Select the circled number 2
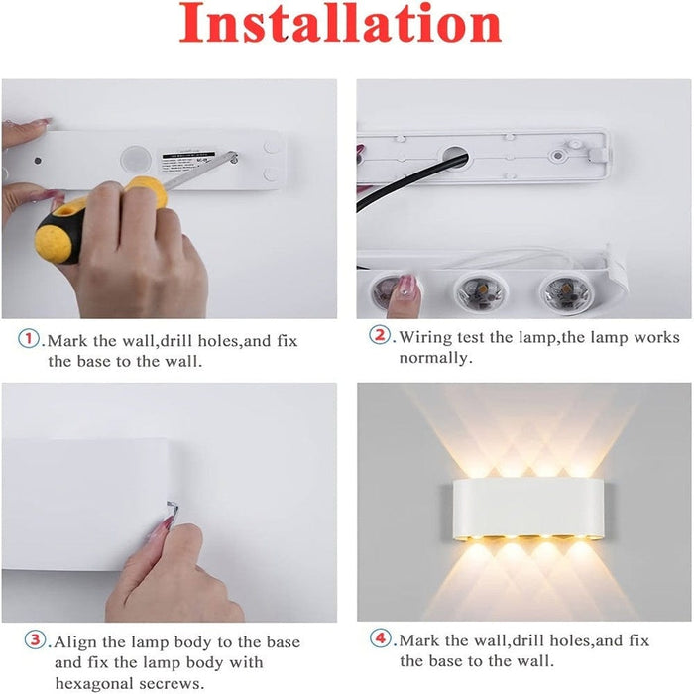(x=381, y=336)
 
